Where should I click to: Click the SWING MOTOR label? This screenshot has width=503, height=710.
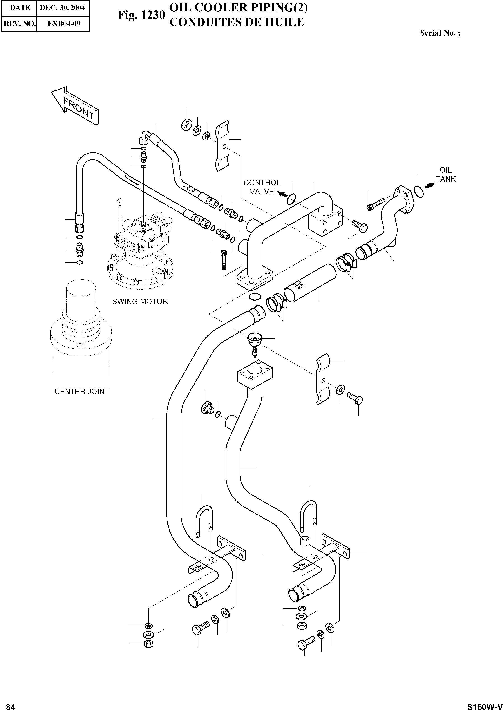pyautogui.click(x=140, y=301)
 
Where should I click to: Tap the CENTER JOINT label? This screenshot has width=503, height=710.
pyautogui.click(x=82, y=391)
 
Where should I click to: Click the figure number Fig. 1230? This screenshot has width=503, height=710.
pyautogui.click(x=141, y=15)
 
